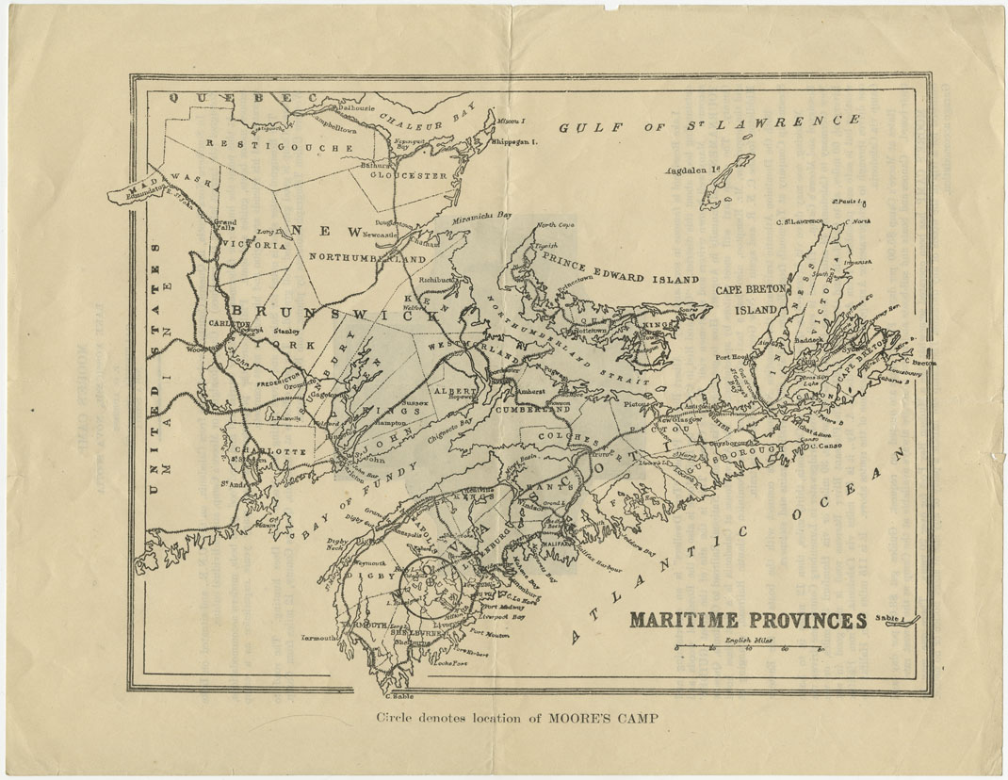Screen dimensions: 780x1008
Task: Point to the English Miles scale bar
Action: point(749,649)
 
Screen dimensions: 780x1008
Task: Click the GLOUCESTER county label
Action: point(408,176)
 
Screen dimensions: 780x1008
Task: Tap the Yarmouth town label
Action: point(319,638)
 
